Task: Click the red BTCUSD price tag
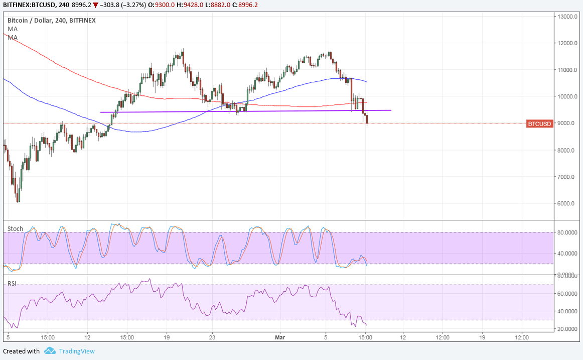pyautogui.click(x=540, y=124)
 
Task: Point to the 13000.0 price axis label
pyautogui.click(x=567, y=17)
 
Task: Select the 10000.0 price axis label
pyautogui.click(x=567, y=96)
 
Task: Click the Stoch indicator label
pyautogui.click(x=15, y=229)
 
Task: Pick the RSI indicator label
pyautogui.click(x=12, y=284)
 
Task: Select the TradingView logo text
pyautogui.click(x=77, y=351)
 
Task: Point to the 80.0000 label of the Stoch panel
pyautogui.click(x=567, y=232)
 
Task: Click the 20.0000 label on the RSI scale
pyautogui.click(x=567, y=329)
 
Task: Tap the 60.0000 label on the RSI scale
pyautogui.click(x=567, y=293)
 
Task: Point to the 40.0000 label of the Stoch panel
pyautogui.click(x=567, y=253)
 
